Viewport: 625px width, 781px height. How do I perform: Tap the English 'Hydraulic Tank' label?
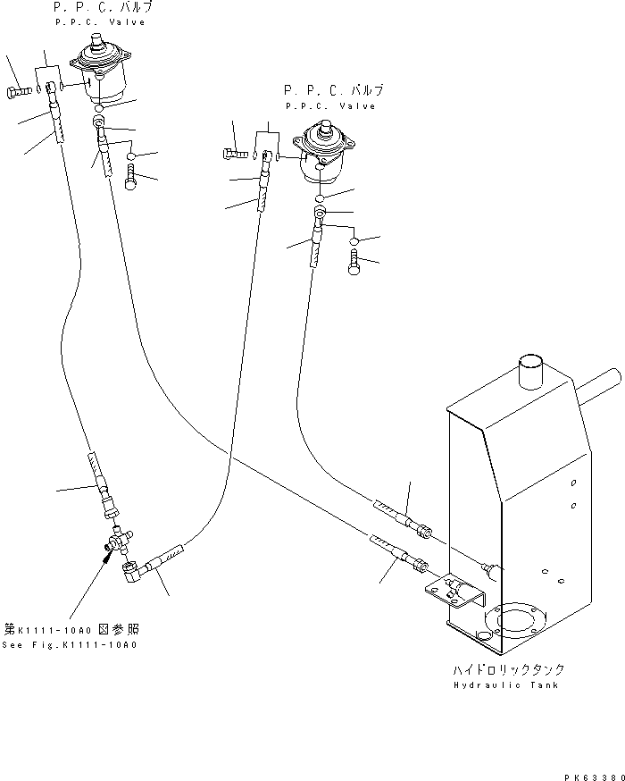(505, 685)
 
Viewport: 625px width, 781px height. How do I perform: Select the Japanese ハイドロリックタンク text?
(505, 669)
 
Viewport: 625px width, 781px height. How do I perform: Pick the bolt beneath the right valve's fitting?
(354, 264)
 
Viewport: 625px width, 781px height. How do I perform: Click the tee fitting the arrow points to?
(117, 540)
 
